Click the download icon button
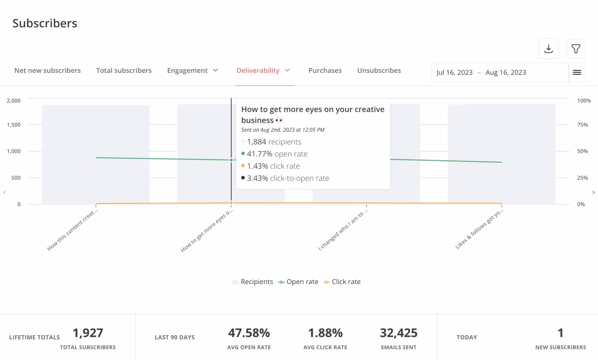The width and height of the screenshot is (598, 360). (548, 49)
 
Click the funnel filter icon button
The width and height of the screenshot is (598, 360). (575, 49)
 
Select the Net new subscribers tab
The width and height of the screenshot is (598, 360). (47, 71)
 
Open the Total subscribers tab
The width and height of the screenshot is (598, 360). (124, 71)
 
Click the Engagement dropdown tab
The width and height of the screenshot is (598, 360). (192, 71)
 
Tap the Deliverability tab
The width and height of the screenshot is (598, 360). (263, 71)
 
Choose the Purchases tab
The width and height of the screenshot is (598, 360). (325, 71)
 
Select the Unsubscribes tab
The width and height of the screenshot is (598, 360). (379, 71)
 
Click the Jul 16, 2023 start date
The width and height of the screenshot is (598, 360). (454, 73)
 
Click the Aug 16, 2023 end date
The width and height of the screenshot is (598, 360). (506, 73)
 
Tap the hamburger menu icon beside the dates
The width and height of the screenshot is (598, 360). (577, 73)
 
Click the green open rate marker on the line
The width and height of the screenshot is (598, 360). (231, 160)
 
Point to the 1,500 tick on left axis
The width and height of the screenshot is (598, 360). (14, 125)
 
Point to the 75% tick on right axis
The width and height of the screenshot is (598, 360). (582, 125)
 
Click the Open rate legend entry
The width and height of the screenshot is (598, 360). (298, 282)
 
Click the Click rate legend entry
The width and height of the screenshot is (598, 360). (342, 282)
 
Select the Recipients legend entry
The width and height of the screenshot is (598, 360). (253, 282)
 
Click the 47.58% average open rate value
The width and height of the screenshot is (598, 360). (249, 333)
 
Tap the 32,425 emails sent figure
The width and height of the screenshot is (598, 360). (398, 333)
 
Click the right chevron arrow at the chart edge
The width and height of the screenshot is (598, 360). (593, 192)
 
